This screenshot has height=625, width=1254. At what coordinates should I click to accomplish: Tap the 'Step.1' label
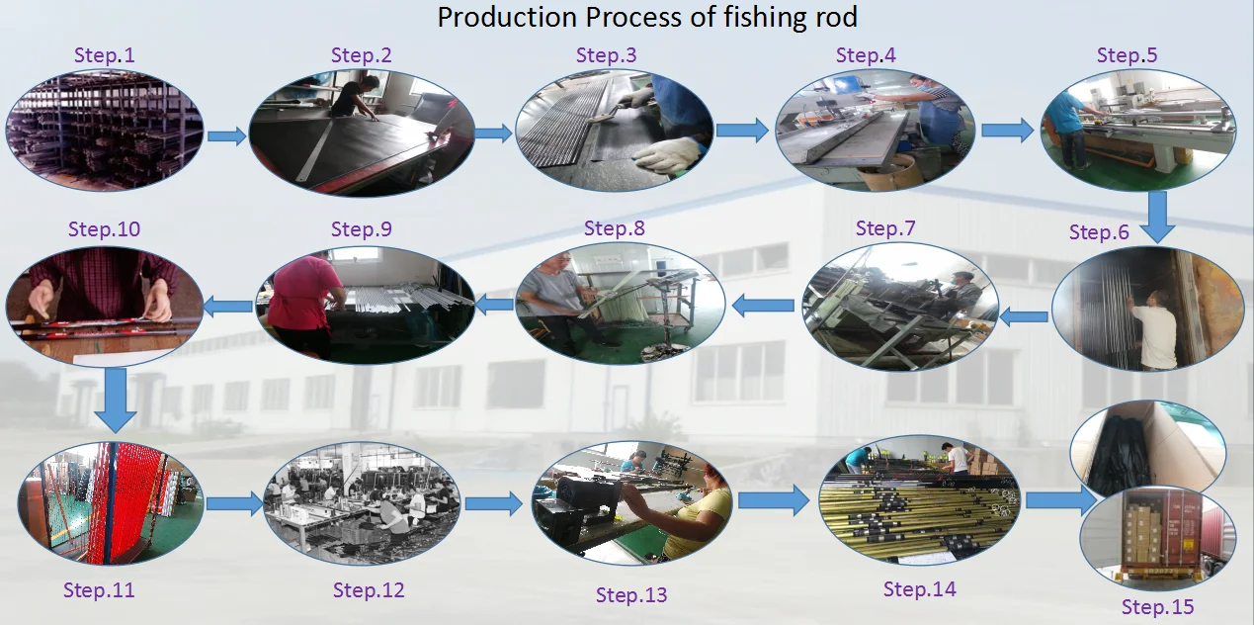[104, 55]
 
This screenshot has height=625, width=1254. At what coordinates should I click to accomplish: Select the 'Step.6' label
[1098, 232]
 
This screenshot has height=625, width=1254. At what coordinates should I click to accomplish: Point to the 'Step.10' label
[104, 229]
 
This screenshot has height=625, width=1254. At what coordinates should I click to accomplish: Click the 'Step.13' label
[631, 594]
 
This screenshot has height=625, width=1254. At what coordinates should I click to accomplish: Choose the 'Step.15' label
[1157, 607]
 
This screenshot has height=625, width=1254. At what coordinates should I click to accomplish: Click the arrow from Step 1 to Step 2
[226, 136]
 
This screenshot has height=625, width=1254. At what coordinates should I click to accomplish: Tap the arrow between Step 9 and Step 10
[228, 306]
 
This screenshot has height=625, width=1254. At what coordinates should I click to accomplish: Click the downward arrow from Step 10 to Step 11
[116, 400]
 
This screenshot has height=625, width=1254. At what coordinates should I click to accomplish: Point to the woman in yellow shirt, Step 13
[696, 509]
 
